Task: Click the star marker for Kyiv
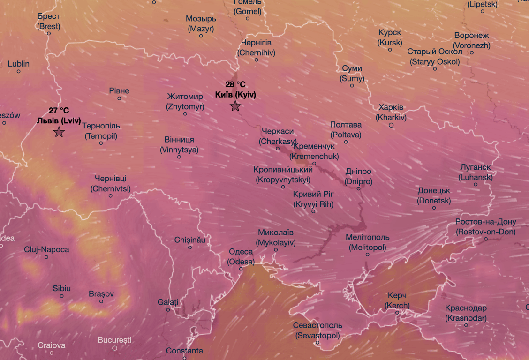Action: (x=235, y=106)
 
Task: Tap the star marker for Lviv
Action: (x=59, y=132)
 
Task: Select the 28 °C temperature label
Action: (x=235, y=84)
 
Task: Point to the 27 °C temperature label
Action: (x=59, y=111)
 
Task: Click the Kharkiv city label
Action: (x=391, y=112)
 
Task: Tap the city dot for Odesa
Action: (x=241, y=269)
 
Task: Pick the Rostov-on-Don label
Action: (x=485, y=227)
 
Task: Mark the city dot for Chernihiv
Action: (x=256, y=60)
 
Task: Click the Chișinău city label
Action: (x=190, y=240)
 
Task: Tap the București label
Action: (x=115, y=340)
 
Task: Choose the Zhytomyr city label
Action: (x=185, y=102)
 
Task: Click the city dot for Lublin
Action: (x=19, y=71)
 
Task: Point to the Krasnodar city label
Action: (x=466, y=313)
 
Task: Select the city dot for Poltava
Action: (x=346, y=142)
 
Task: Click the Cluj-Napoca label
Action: (x=46, y=249)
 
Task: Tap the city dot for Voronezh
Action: (x=472, y=52)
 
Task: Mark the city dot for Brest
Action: (x=49, y=33)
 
